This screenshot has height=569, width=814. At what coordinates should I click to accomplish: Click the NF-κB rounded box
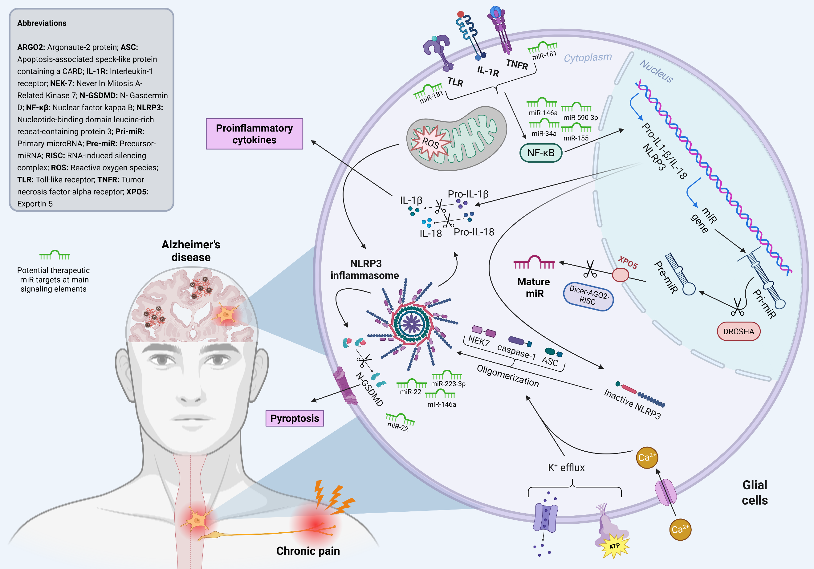tap(541, 153)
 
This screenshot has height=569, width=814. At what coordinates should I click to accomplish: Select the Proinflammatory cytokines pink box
tap(254, 134)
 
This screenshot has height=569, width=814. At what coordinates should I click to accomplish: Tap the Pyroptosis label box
tap(294, 418)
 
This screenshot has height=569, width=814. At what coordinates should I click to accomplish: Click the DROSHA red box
tap(739, 331)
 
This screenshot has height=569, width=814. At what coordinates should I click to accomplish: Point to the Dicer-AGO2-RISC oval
tap(588, 296)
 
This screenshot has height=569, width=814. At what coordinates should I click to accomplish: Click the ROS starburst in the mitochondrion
tap(430, 143)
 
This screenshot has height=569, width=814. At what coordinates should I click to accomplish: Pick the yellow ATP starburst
tap(614, 546)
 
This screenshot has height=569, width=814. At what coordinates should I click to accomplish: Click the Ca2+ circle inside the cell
tap(647, 457)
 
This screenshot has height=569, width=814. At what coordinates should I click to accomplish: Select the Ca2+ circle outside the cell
tap(680, 529)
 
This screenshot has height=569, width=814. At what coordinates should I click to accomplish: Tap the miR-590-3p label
tap(580, 118)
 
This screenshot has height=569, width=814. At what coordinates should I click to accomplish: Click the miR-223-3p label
tap(448, 384)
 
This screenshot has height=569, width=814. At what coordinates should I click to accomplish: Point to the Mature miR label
tap(534, 287)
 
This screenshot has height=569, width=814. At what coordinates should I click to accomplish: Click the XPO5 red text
tap(628, 263)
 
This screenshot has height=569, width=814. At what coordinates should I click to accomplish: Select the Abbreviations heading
tap(42, 23)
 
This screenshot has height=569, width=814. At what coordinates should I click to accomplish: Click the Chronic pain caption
tap(308, 551)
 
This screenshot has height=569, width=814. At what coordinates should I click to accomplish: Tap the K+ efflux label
tap(566, 468)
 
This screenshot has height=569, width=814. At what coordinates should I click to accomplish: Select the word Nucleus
tap(656, 71)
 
